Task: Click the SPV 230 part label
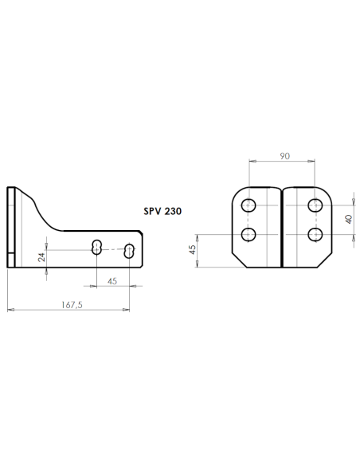162,211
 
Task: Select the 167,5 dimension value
72,305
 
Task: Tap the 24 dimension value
42,257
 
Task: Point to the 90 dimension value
284,156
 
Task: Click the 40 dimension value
349,219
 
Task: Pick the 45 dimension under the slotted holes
112,281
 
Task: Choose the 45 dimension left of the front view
193,249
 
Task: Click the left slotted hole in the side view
96,247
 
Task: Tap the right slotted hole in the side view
129,251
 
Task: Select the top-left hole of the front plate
248,205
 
